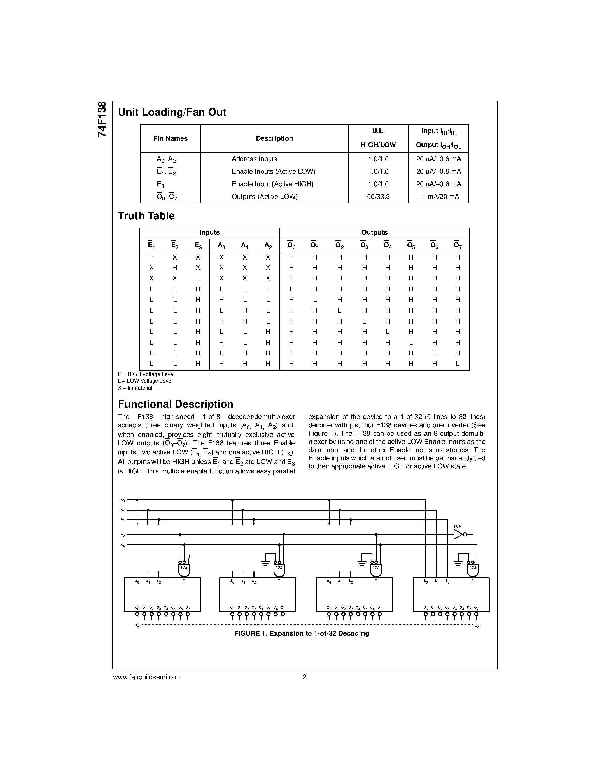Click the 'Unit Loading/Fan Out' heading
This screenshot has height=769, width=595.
[172, 112]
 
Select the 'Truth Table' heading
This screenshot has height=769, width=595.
[146, 216]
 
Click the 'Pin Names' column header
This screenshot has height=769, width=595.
[170, 138]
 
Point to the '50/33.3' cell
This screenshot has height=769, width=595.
[378, 197]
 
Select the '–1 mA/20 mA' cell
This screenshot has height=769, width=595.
[438, 197]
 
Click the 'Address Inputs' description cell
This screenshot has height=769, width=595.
[254, 159]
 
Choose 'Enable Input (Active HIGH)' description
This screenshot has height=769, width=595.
[272, 184]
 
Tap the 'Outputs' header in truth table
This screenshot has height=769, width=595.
[374, 232]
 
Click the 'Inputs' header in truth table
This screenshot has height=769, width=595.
[210, 232]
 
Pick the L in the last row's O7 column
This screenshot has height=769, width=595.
[458, 364]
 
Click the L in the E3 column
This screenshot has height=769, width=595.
[198, 278]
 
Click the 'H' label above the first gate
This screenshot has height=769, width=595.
[189, 556]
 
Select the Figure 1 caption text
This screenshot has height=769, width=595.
[302, 633]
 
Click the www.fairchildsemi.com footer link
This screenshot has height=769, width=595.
[147, 677]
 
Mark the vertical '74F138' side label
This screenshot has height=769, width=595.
[102, 119]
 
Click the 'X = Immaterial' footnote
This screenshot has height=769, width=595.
[135, 388]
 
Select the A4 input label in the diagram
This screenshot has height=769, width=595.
[123, 545]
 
